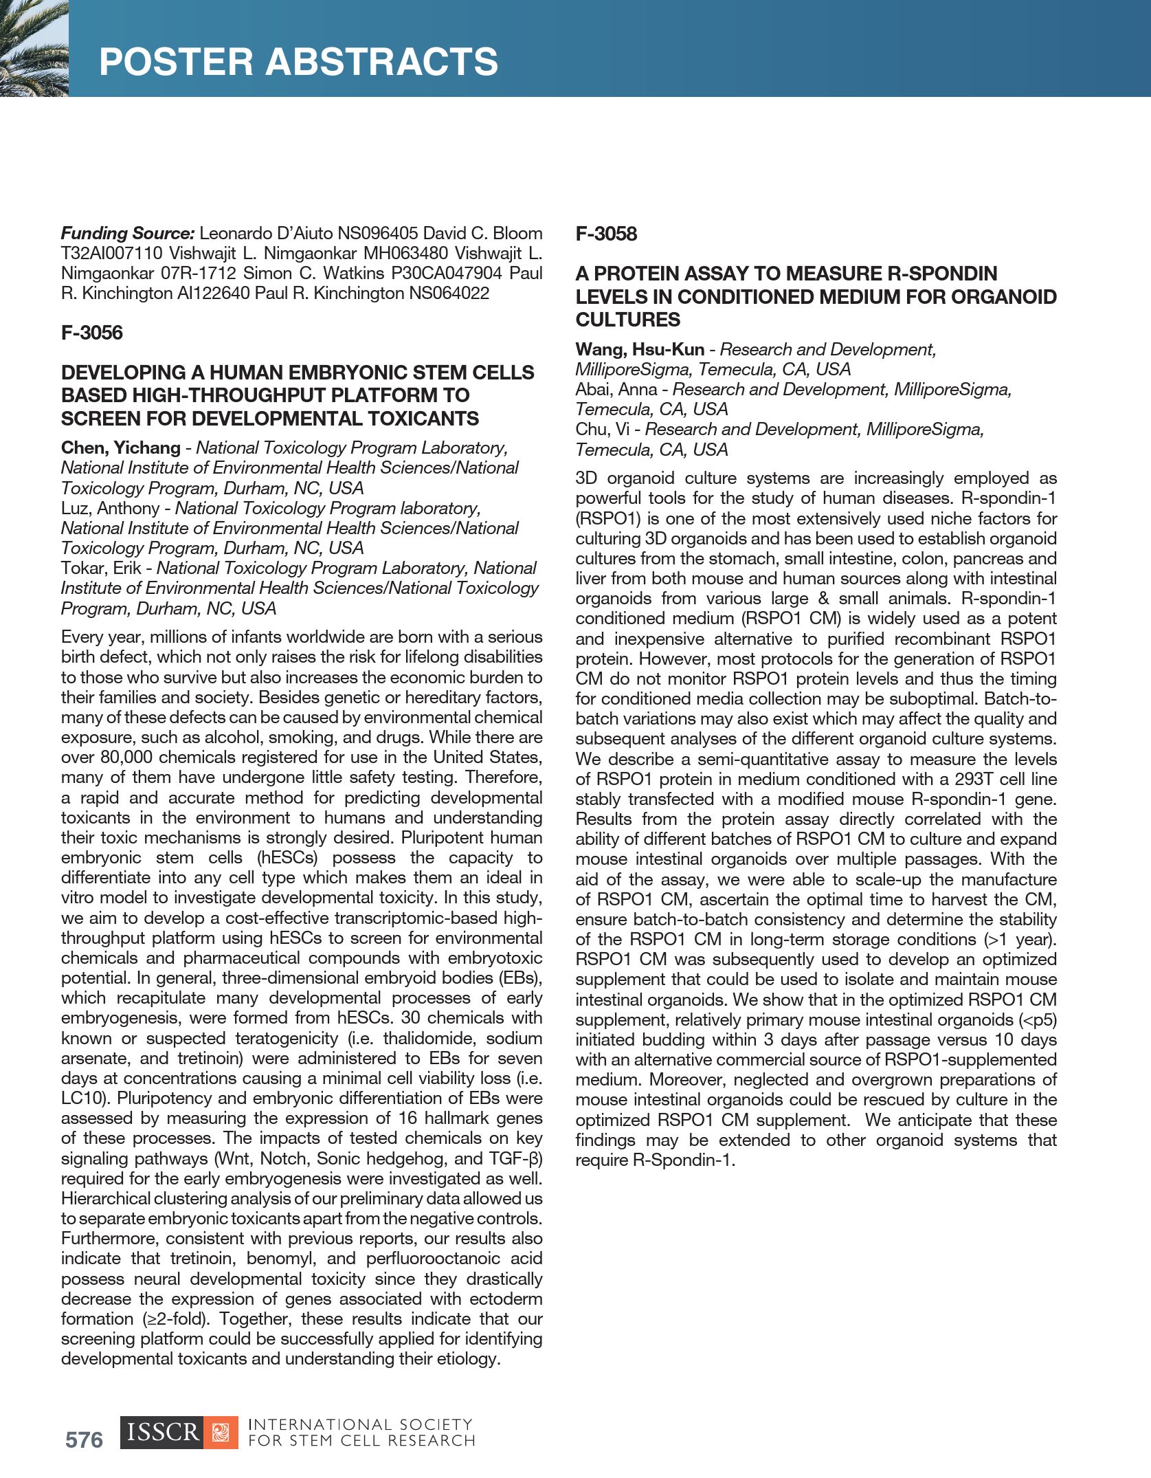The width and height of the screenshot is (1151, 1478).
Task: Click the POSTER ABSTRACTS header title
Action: click(x=298, y=62)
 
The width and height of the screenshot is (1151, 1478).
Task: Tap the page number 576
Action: click(x=84, y=1440)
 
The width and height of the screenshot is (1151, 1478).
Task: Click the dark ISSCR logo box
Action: click(x=161, y=1433)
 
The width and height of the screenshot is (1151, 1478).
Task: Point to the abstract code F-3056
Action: click(x=92, y=333)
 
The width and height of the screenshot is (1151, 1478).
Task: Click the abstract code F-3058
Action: click(x=606, y=234)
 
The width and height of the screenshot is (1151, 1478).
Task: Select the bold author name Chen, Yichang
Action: click(x=120, y=448)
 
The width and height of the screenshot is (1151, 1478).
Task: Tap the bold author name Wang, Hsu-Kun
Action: click(x=640, y=349)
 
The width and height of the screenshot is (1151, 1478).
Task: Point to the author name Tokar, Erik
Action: click(x=101, y=568)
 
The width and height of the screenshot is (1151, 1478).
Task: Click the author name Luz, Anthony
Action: click(x=110, y=508)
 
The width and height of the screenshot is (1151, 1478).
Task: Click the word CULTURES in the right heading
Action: click(x=627, y=320)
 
